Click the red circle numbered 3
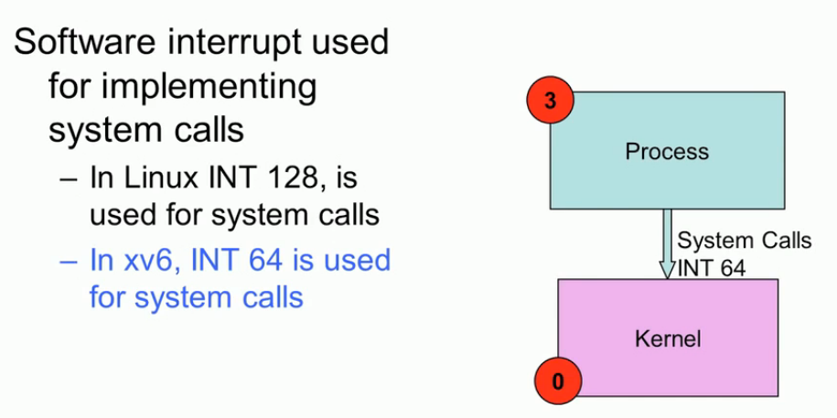pos(549,101)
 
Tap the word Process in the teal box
pos(667,151)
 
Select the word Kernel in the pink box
pos(668,339)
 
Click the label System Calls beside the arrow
pos(744,241)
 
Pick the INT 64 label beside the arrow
pos(712,268)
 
